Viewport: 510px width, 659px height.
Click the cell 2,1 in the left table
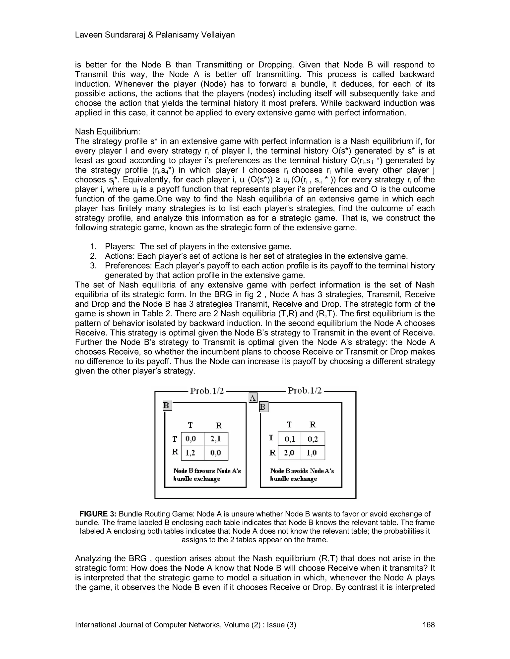coord(216,439)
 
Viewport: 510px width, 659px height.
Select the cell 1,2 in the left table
coord(190,453)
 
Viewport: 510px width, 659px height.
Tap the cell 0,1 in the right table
coord(289,439)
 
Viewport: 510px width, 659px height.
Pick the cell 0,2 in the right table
coord(313,439)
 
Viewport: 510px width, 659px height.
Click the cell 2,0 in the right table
coord(289,453)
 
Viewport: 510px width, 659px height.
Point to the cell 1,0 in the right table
coord(313,453)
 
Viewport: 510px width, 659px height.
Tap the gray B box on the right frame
coord(263,407)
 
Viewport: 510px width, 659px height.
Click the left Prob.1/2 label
coord(207,391)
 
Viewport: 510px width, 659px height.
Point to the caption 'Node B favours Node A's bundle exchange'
coord(207,475)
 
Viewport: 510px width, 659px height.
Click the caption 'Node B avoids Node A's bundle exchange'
coord(302,475)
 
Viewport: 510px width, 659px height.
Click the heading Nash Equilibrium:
coord(108,132)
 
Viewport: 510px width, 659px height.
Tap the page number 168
coord(428,625)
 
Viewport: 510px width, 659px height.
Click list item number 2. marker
coord(93,256)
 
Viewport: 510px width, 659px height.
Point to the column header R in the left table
coord(219,425)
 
